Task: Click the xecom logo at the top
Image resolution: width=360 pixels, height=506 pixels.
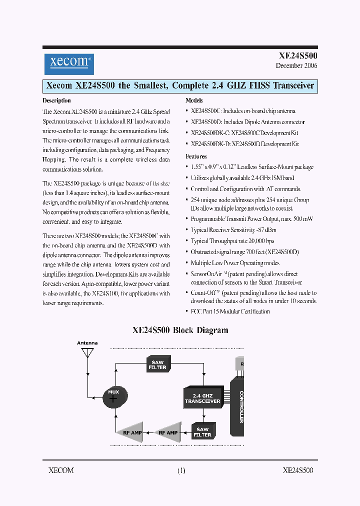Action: pyautogui.click(x=68, y=63)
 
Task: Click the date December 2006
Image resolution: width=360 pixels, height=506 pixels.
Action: pyautogui.click(x=296, y=66)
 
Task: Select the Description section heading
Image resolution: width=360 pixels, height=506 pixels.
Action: pyautogui.click(x=56, y=100)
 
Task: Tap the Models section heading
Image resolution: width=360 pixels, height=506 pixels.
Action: pyautogui.click(x=194, y=100)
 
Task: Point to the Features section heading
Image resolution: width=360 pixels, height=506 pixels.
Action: pyautogui.click(x=196, y=156)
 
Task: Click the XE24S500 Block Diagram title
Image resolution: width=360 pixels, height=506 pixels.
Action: pyautogui.click(x=180, y=330)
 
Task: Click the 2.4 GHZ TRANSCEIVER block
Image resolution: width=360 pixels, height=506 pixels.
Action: pyautogui.click(x=202, y=398)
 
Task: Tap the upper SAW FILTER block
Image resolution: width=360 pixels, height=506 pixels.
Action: pyautogui.click(x=157, y=364)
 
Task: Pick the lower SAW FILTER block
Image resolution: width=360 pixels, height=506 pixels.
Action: pyautogui.click(x=202, y=431)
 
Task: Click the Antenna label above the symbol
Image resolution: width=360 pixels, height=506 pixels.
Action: pyautogui.click(x=87, y=343)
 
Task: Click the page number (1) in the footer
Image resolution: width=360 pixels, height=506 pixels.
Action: pyautogui.click(x=180, y=470)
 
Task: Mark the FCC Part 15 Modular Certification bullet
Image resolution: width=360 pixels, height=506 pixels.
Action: pyautogui.click(x=230, y=311)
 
